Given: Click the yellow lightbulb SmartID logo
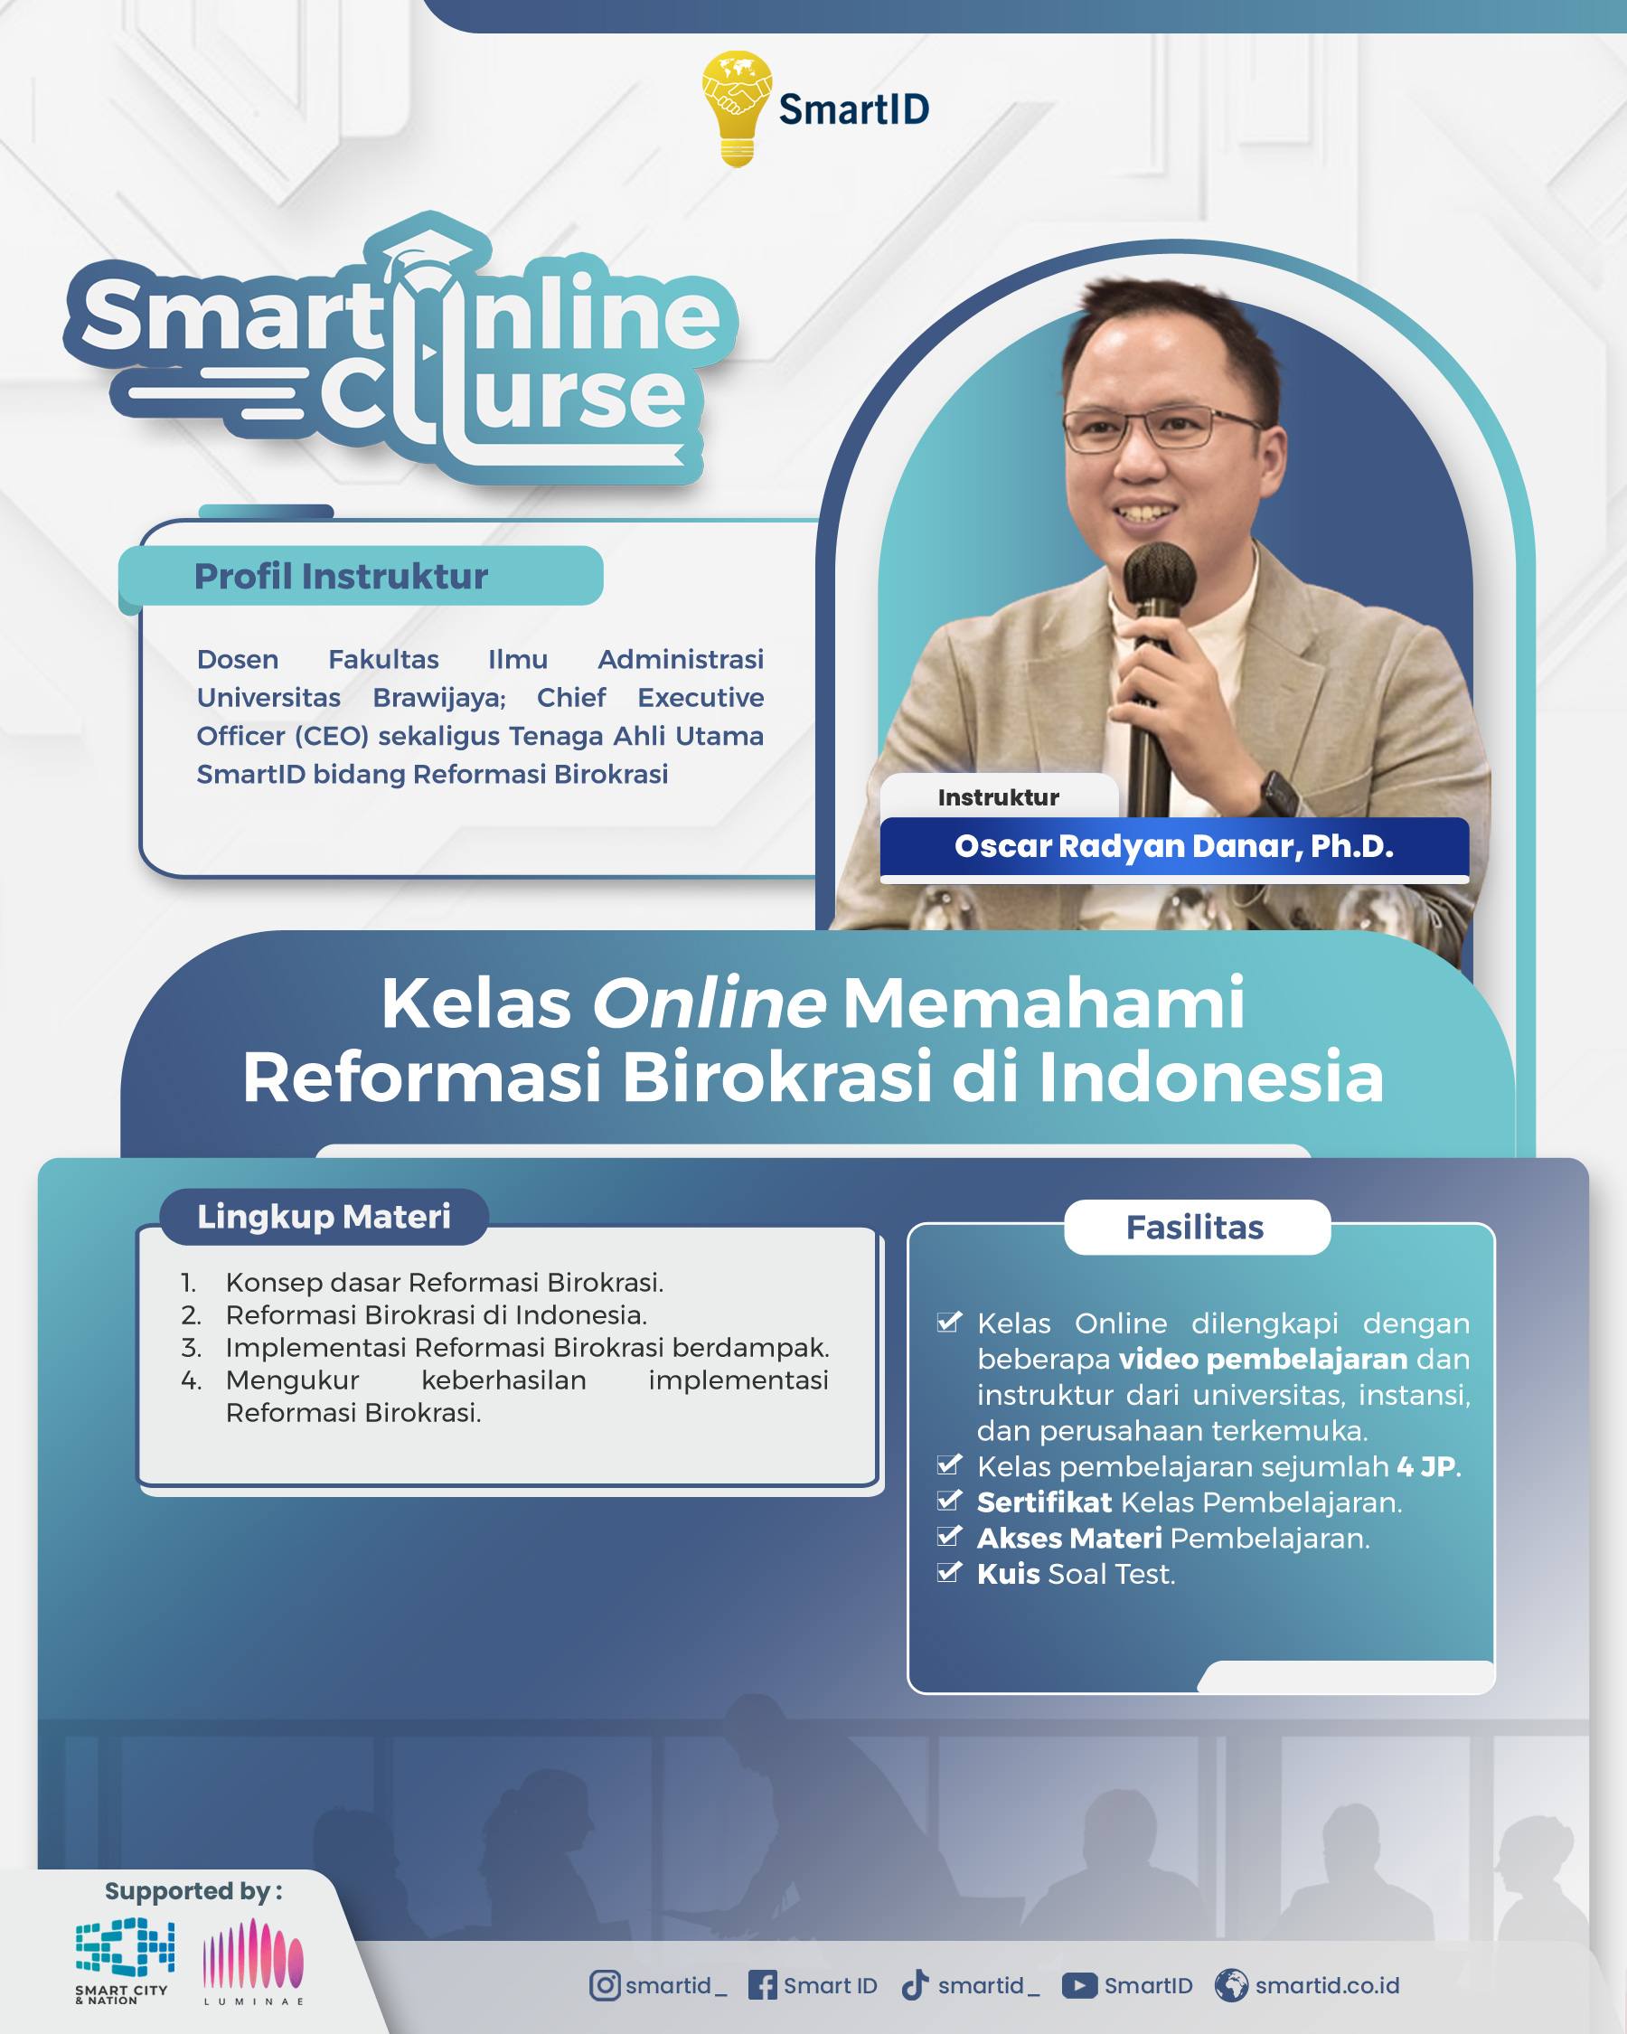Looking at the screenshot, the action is (738, 108).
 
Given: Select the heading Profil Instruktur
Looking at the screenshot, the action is (341, 576).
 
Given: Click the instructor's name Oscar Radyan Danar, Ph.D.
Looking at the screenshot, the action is (1173, 846).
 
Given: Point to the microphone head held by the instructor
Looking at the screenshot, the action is (1159, 578).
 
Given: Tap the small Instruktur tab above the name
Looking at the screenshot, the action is (998, 797).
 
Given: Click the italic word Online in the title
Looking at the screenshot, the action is (709, 1002).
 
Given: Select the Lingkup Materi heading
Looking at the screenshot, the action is (324, 1216).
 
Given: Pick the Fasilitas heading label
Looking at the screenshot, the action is (1195, 1227).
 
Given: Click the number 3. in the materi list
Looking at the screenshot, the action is (192, 1347).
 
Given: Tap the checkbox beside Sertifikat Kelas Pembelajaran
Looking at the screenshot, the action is (950, 1499).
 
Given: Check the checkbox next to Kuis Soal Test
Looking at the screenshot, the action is (950, 1571).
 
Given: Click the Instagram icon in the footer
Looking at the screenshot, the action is (605, 1985).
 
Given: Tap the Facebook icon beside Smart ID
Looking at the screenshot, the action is (762, 1985).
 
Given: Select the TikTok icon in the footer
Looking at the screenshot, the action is (915, 1985).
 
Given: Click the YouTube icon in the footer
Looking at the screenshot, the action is (1079, 1986).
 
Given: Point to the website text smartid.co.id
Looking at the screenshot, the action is (1327, 1986).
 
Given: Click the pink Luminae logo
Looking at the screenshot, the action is (253, 1961).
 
